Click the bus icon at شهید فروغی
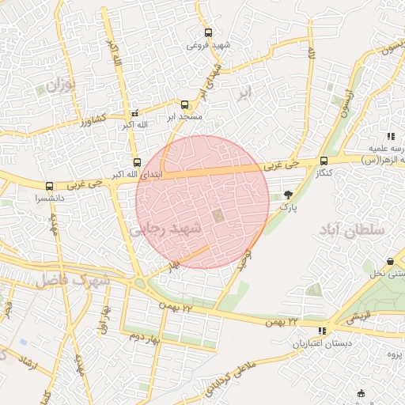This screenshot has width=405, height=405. pos(208,33)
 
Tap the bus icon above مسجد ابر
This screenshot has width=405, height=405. pos(185,104)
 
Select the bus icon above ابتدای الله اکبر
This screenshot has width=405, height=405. pos(138,163)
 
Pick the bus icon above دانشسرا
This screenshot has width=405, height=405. pos(50,187)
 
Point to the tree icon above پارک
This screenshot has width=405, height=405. pos(287,194)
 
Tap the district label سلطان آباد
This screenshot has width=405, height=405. pos(351,230)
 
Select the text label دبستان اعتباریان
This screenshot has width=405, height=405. pos(321,343)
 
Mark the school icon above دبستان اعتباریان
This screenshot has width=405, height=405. pos(321,331)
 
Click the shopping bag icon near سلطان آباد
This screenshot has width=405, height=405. pos(391,262)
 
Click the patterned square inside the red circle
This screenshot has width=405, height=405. pos(218,215)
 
